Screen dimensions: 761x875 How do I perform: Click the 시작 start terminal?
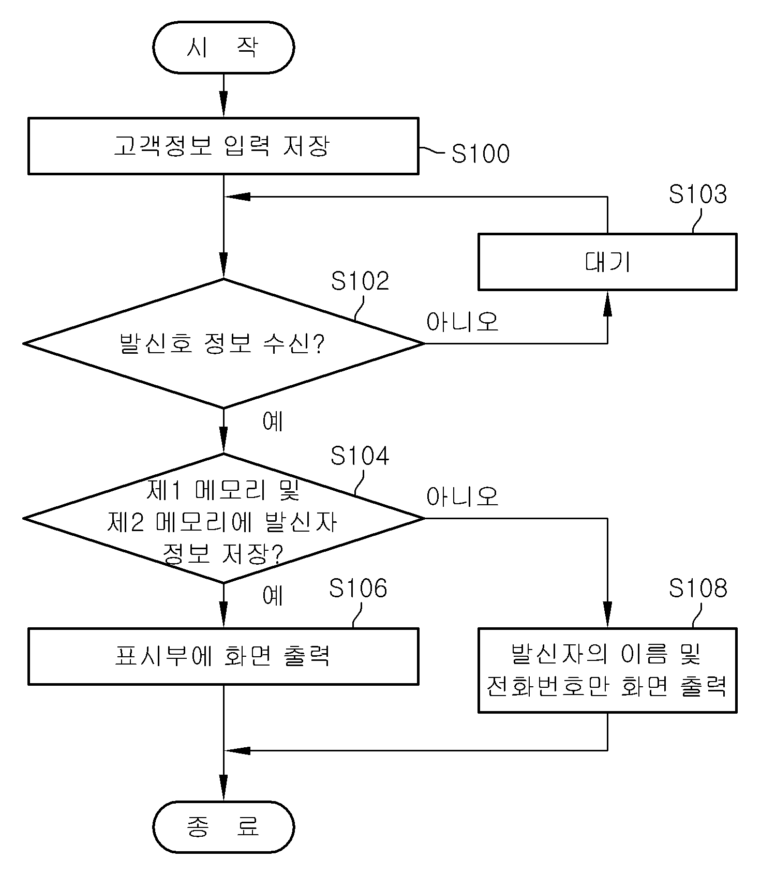click(223, 48)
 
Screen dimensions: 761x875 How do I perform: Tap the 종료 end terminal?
click(223, 827)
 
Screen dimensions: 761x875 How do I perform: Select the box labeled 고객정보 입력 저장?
click(223, 146)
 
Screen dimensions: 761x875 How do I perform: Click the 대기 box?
click(607, 262)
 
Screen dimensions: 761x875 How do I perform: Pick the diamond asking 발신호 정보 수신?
click(223, 343)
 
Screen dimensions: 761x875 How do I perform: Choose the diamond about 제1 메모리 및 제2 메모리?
click(223, 518)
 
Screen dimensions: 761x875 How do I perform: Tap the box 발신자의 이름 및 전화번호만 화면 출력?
click(607, 670)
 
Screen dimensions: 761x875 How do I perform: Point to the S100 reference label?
click(481, 154)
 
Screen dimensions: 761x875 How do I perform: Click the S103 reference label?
click(698, 194)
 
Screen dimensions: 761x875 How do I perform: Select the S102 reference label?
click(360, 281)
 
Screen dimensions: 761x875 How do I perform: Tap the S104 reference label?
click(360, 456)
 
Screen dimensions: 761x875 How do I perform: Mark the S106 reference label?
click(358, 588)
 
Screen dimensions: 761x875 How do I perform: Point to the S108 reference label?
click(698, 588)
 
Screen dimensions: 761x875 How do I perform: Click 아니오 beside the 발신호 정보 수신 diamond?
click(462, 322)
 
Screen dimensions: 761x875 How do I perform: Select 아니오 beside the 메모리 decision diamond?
click(462, 496)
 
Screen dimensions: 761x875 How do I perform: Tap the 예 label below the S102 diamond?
click(273, 421)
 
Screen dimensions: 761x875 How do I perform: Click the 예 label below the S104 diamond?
click(273, 596)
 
